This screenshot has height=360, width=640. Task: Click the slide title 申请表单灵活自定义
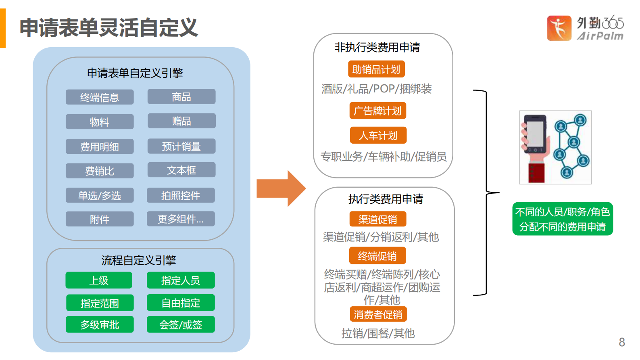(109, 27)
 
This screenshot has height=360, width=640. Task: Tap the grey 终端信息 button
(100, 97)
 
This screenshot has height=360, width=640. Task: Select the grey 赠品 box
(181, 121)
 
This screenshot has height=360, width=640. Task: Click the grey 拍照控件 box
(181, 195)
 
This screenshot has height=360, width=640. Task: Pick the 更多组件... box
(181, 219)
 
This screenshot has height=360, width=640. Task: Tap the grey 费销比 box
(100, 171)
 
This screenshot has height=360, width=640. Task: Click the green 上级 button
(99, 280)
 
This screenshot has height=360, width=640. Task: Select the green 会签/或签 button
(181, 324)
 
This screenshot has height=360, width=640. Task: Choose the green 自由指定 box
(181, 303)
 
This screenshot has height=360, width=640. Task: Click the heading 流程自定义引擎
(139, 260)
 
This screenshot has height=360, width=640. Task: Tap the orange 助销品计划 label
(376, 69)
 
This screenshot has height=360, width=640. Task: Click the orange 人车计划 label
(378, 135)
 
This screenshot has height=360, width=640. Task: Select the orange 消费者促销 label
(378, 314)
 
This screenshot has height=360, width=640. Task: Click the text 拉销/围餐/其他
(378, 333)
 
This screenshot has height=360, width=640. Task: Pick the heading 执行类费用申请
(386, 199)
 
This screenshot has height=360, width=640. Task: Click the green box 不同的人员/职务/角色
(563, 219)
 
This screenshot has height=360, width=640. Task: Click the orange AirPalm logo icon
(559, 28)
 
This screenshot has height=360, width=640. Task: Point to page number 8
(621, 342)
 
